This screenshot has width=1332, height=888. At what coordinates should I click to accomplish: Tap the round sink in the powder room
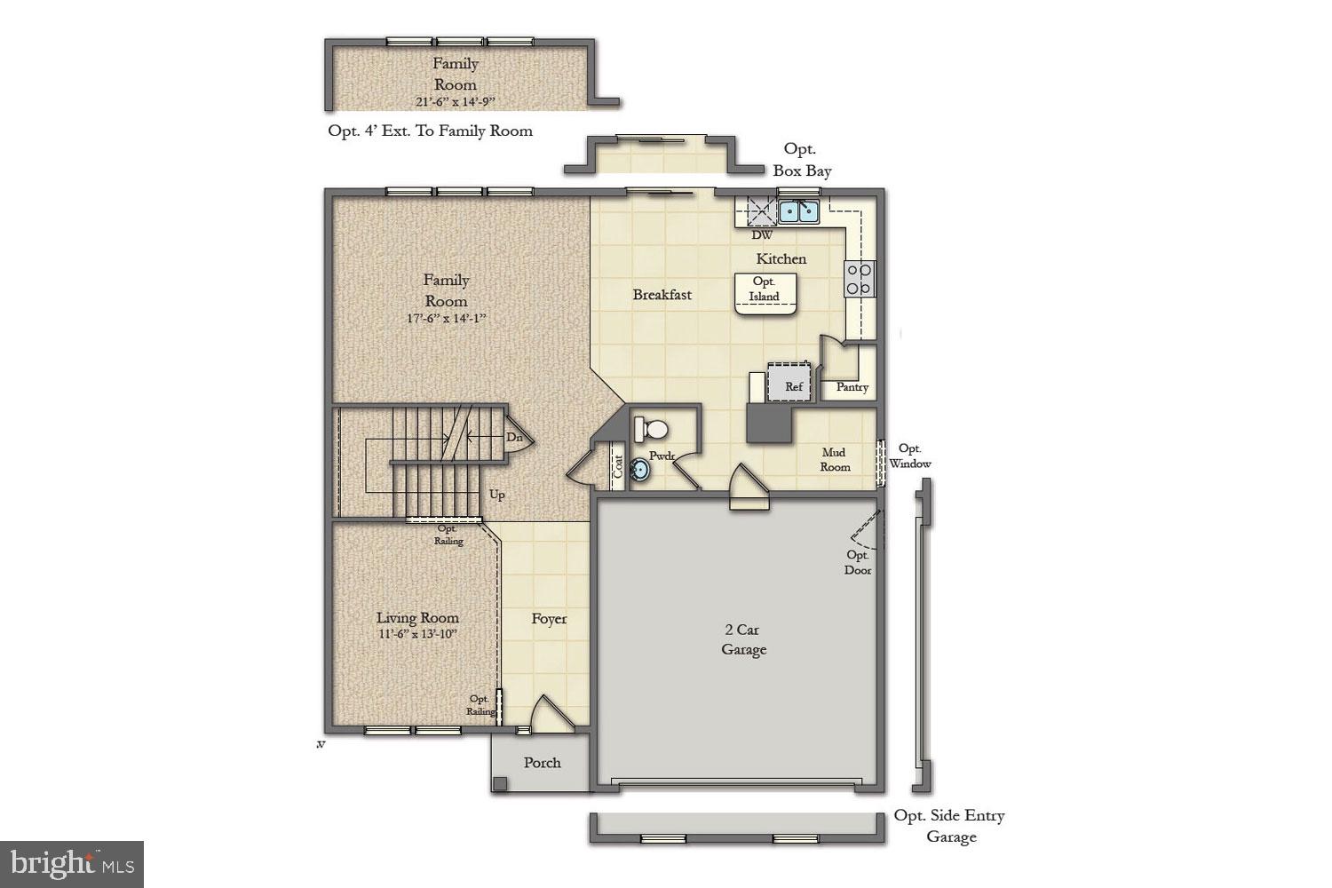pos(642,471)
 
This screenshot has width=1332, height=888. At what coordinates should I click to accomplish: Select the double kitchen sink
pos(798,211)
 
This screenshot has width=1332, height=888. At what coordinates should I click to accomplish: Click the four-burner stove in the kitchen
pos(859,279)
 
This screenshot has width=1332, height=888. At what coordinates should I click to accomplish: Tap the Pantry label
pos(852,387)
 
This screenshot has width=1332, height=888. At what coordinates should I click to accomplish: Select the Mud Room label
pos(835,459)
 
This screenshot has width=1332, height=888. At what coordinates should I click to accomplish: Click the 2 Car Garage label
pos(743,639)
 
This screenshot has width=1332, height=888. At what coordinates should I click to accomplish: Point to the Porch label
pos(542,762)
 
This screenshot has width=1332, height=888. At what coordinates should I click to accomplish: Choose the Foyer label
pos(549,619)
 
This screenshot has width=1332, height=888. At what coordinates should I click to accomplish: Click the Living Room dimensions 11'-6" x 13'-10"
pos(416,634)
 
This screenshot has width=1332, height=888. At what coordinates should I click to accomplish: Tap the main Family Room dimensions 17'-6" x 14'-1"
pos(446,318)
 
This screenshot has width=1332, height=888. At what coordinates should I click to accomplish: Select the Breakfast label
pos(662,294)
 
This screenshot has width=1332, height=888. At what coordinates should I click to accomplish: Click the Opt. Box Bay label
pos(801,160)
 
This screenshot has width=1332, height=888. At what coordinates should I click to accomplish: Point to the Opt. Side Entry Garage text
pos(949,826)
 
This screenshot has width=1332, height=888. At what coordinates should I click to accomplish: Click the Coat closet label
pos(618,465)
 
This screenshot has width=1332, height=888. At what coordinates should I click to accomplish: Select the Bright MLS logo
pos(72,863)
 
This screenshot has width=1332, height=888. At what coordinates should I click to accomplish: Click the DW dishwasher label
pos(762,235)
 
